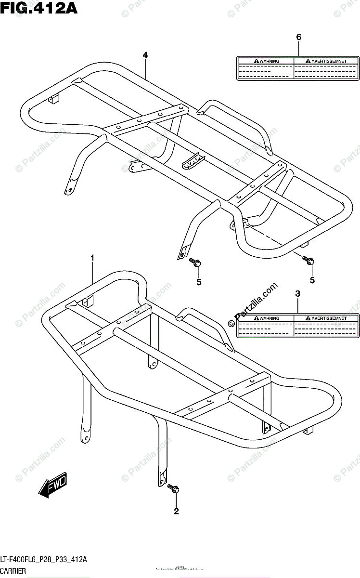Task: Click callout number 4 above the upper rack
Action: coord(145,55)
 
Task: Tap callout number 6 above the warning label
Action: coord(298,37)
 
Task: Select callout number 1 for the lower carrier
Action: coord(92,259)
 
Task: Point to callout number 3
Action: coord(298,293)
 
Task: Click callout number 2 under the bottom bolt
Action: coord(176,511)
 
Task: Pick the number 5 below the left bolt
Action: coord(198,282)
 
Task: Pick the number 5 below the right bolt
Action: coord(312,280)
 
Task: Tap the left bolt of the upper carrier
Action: coord(195,263)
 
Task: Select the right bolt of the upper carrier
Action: coord(308,260)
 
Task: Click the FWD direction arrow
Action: coord(52,485)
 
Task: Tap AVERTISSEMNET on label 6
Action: coord(326,61)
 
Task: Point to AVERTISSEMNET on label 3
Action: coord(326,318)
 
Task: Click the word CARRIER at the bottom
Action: coord(13,571)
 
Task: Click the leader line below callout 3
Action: coord(298,306)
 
